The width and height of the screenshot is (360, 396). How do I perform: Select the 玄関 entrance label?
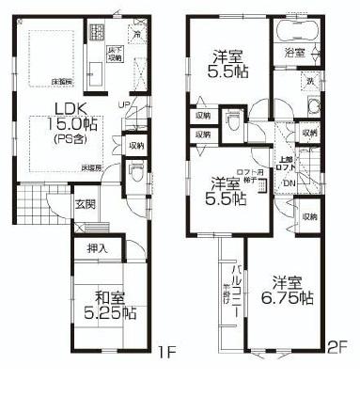[x=85, y=205]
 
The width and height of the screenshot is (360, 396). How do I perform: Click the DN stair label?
[x=290, y=182]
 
